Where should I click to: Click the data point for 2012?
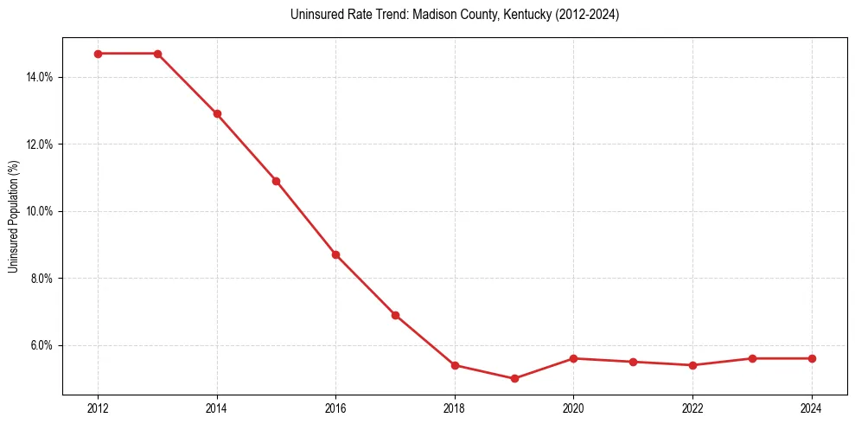pyautogui.click(x=98, y=54)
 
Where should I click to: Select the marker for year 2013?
pyautogui.click(x=157, y=54)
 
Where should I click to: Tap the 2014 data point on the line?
pyautogui.click(x=217, y=113)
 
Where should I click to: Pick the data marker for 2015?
pyautogui.click(x=276, y=181)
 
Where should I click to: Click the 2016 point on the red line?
pyautogui.click(x=335, y=254)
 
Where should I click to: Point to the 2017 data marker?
pyautogui.click(x=395, y=315)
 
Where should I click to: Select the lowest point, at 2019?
pyautogui.click(x=514, y=378)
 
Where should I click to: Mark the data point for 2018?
pyautogui.click(x=455, y=365)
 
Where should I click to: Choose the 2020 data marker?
pyautogui.click(x=574, y=358)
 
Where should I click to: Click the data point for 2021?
pyautogui.click(x=634, y=362)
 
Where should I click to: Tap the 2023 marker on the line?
pyautogui.click(x=752, y=358)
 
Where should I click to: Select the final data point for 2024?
pyautogui.click(x=812, y=358)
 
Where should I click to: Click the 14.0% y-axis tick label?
pyautogui.click(x=40, y=77)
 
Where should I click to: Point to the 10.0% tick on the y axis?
pyautogui.click(x=40, y=211)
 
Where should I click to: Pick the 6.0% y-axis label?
pyautogui.click(x=41, y=345)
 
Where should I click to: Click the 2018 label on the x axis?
pyautogui.click(x=455, y=408)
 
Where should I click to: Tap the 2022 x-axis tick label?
pyautogui.click(x=692, y=408)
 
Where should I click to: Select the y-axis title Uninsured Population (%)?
pyautogui.click(x=13, y=216)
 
